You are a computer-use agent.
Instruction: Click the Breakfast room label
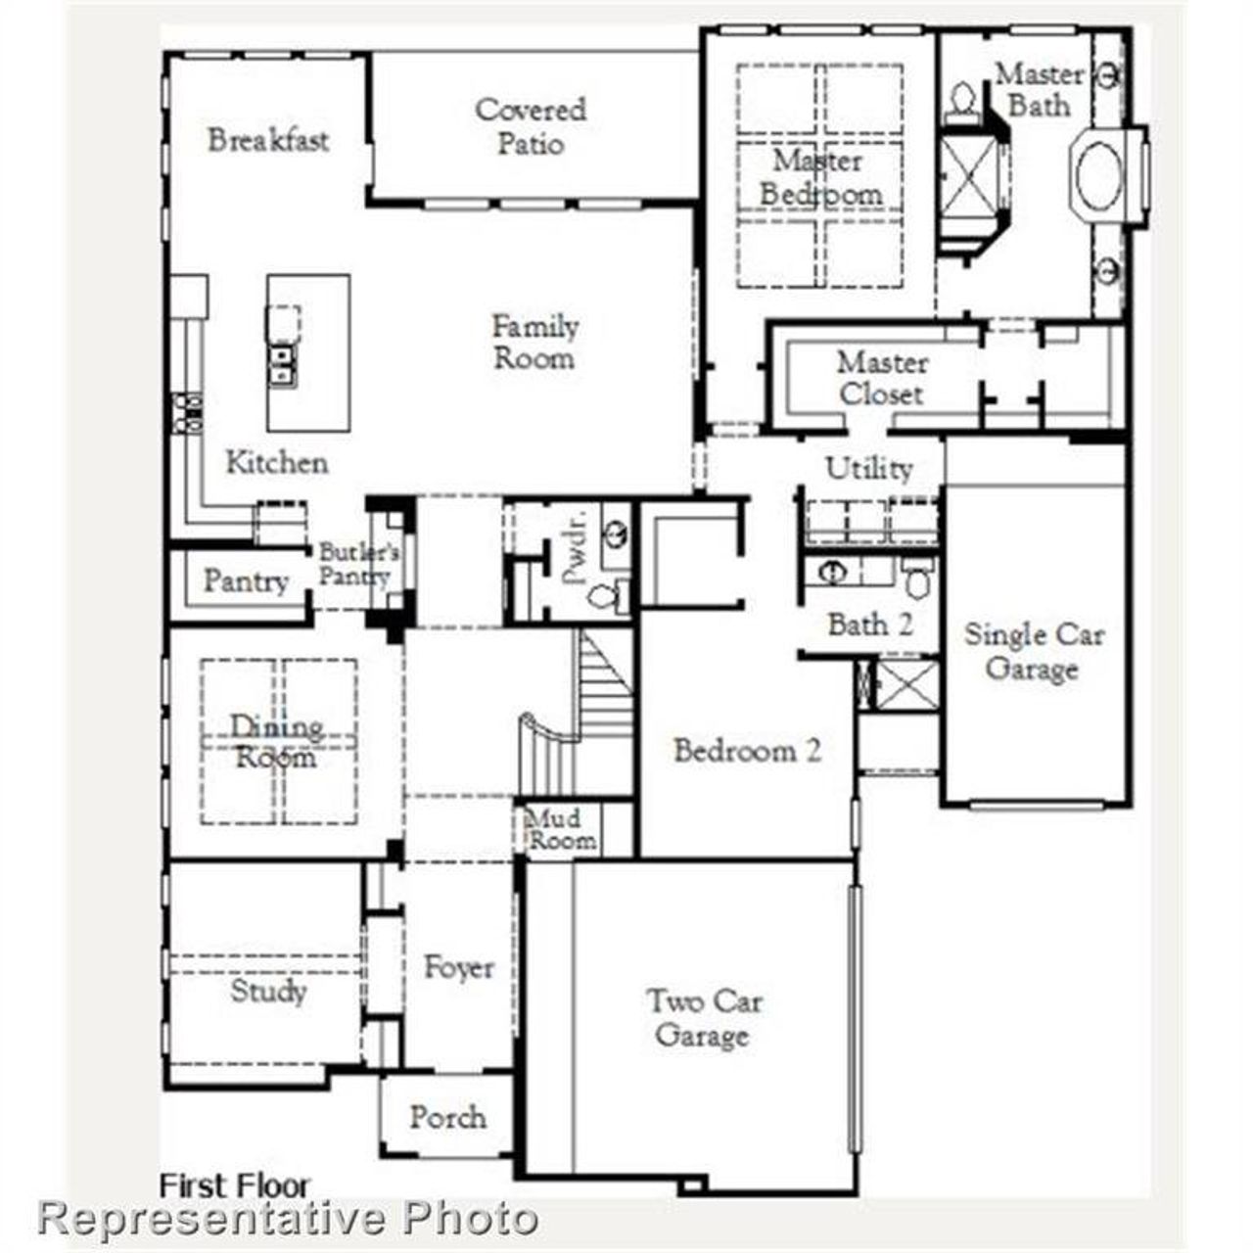(x=267, y=139)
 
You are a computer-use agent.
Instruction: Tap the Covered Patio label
(x=531, y=126)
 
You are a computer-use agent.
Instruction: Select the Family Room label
(x=534, y=342)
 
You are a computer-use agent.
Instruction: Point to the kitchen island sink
(x=282, y=363)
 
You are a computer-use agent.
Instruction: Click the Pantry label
(x=245, y=581)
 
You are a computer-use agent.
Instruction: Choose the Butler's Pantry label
(x=357, y=564)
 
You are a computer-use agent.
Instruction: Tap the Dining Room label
(x=276, y=741)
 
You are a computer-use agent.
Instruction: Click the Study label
(x=268, y=991)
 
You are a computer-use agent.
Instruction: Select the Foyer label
(x=458, y=967)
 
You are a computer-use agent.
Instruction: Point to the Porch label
(x=447, y=1117)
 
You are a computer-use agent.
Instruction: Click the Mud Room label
(x=561, y=829)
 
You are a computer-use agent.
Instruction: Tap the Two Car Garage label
(x=703, y=1018)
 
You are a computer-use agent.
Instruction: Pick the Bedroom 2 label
(x=747, y=751)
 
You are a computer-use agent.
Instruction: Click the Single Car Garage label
(x=1034, y=651)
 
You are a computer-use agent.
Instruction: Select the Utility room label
(x=868, y=468)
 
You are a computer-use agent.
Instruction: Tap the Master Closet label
(x=881, y=378)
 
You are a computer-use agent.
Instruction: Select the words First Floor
(x=234, y=1185)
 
